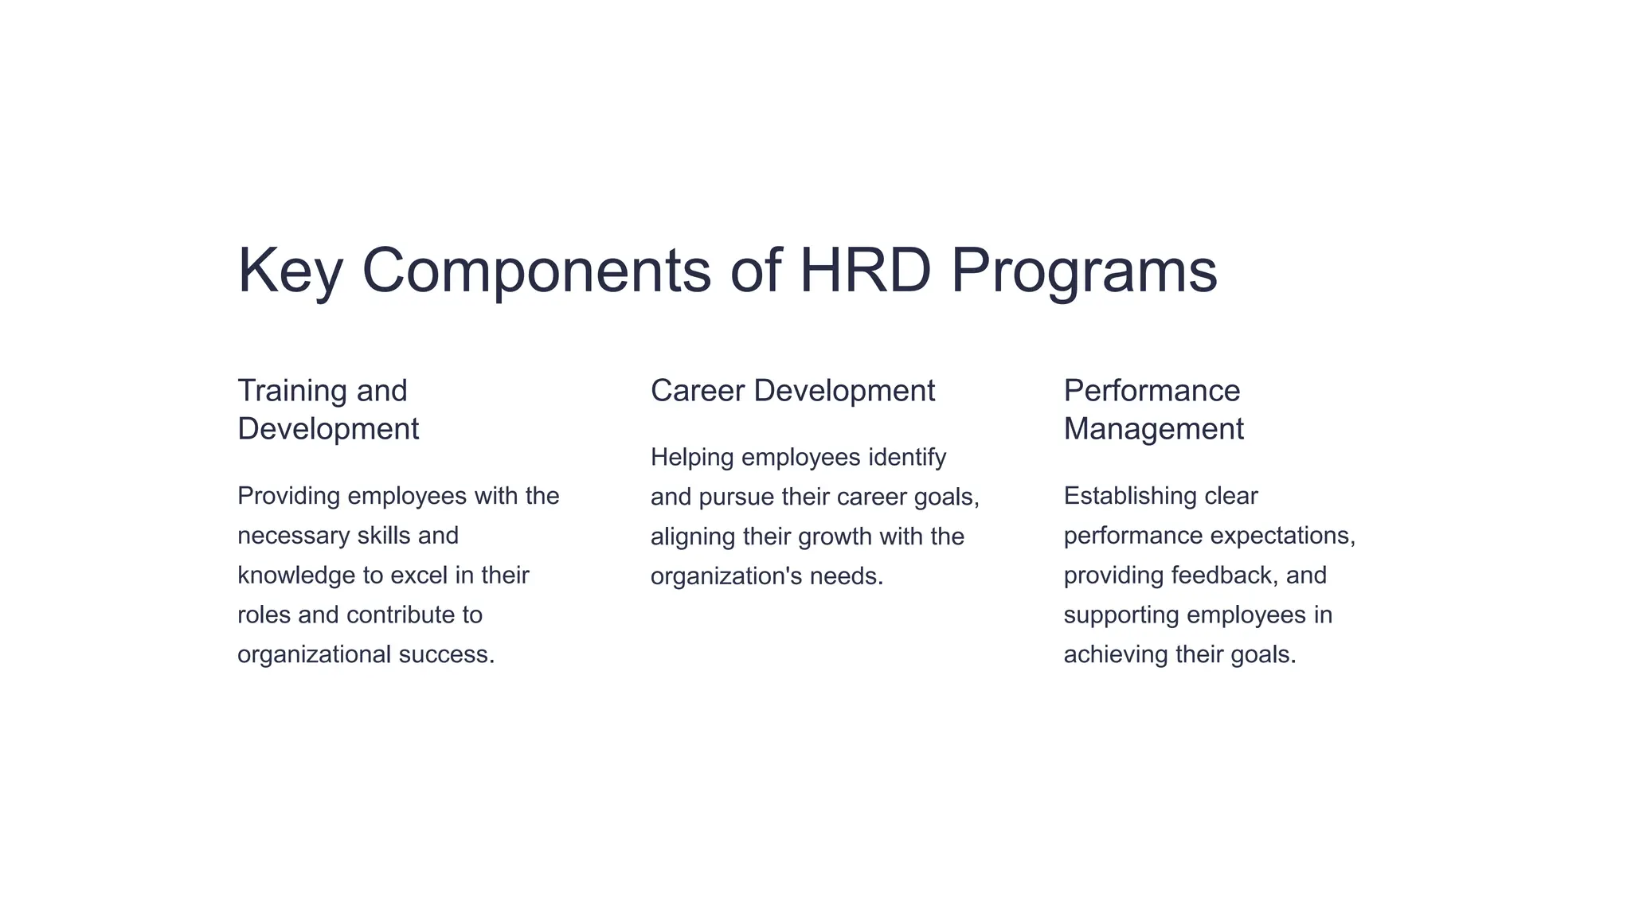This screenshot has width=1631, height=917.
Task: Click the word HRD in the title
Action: point(865,271)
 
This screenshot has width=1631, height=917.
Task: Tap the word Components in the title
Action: point(536,271)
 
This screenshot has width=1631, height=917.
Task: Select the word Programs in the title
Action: point(1084,271)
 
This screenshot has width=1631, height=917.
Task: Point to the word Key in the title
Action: point(290,271)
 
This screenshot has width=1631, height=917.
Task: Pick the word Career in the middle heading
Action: point(698,391)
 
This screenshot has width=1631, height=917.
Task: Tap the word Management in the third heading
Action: point(1153,429)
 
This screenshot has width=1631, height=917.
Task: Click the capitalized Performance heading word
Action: point(1152,391)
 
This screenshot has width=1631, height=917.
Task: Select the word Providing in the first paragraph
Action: point(289,496)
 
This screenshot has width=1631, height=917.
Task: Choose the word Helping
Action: point(692,458)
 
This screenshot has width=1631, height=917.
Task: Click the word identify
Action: point(907,458)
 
